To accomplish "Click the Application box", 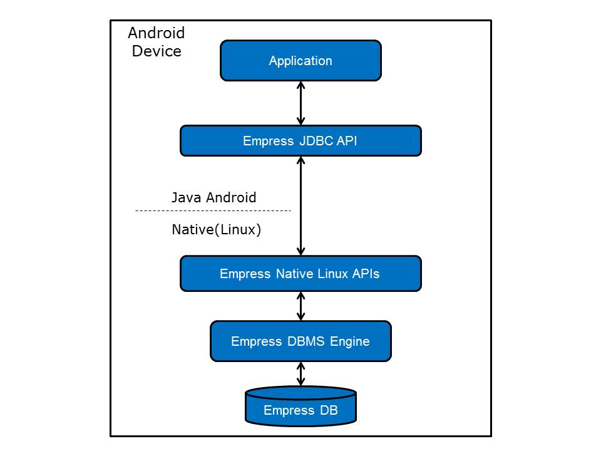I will click(x=300, y=61).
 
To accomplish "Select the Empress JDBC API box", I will click(x=300, y=141).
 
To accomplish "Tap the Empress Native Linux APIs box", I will click(x=300, y=274).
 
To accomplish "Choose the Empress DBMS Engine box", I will click(x=300, y=341).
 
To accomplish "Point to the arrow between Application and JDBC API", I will click(x=301, y=103).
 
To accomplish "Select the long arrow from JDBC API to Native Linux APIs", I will click(x=301, y=205).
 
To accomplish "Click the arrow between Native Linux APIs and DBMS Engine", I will click(x=301, y=306).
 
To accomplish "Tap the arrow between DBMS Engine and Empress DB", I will click(x=301, y=374).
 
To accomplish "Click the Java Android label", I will click(x=213, y=198).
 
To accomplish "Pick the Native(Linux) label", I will click(x=216, y=230).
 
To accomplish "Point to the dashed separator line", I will click(x=213, y=211).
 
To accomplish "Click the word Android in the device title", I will click(x=157, y=33).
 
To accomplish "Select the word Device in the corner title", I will click(x=157, y=51).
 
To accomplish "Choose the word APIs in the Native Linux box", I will click(x=364, y=274).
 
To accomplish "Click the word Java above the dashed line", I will click(x=185, y=198).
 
